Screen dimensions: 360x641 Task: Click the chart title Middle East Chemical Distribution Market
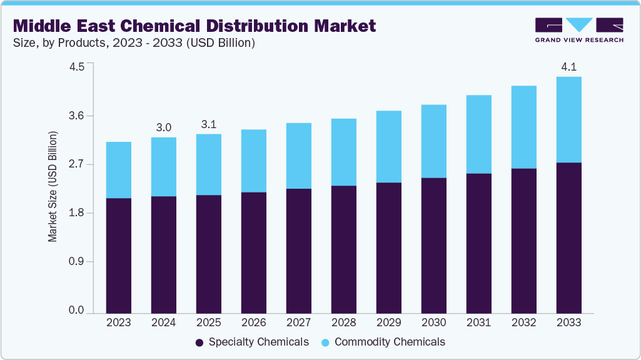[x=194, y=26]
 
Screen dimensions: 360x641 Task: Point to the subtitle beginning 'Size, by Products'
[x=134, y=43]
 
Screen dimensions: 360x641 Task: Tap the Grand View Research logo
[x=578, y=29]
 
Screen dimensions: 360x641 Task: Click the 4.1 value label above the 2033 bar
[x=568, y=67]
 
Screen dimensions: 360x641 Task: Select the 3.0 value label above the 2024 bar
[x=163, y=127]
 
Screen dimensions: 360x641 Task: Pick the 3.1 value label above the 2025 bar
[x=208, y=124]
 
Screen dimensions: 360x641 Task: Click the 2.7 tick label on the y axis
[x=76, y=165]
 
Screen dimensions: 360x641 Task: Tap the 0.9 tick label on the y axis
[x=76, y=262]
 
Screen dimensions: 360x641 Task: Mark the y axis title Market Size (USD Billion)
[x=53, y=187]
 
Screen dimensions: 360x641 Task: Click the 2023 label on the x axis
[x=118, y=322]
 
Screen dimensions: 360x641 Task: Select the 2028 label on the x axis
[x=343, y=322]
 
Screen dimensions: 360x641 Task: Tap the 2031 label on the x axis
[x=478, y=322]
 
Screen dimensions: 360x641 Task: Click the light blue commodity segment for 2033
[x=568, y=119]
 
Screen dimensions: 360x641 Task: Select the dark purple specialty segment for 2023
[x=118, y=255]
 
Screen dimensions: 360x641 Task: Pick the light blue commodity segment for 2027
[x=298, y=156]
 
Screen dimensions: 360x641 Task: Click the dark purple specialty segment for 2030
[x=433, y=245]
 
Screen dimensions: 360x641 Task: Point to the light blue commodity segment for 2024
[x=163, y=167]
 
